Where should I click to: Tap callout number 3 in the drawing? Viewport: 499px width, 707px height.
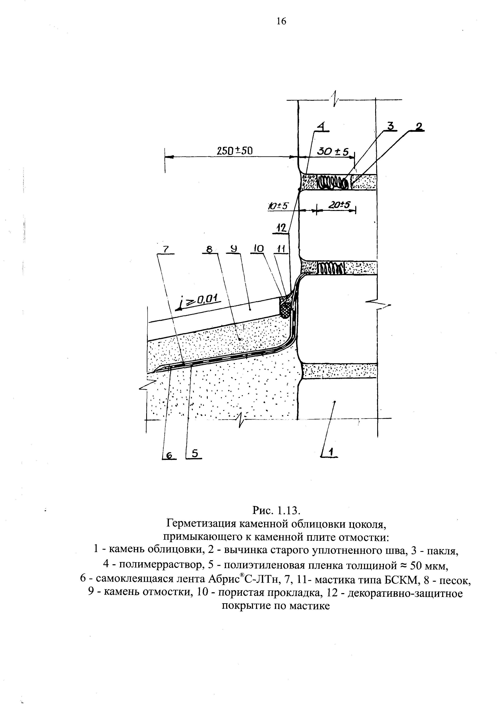(x=390, y=126)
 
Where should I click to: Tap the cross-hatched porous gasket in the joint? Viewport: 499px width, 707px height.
(x=285, y=309)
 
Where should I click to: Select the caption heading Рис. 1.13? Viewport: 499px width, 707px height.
(x=276, y=510)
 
